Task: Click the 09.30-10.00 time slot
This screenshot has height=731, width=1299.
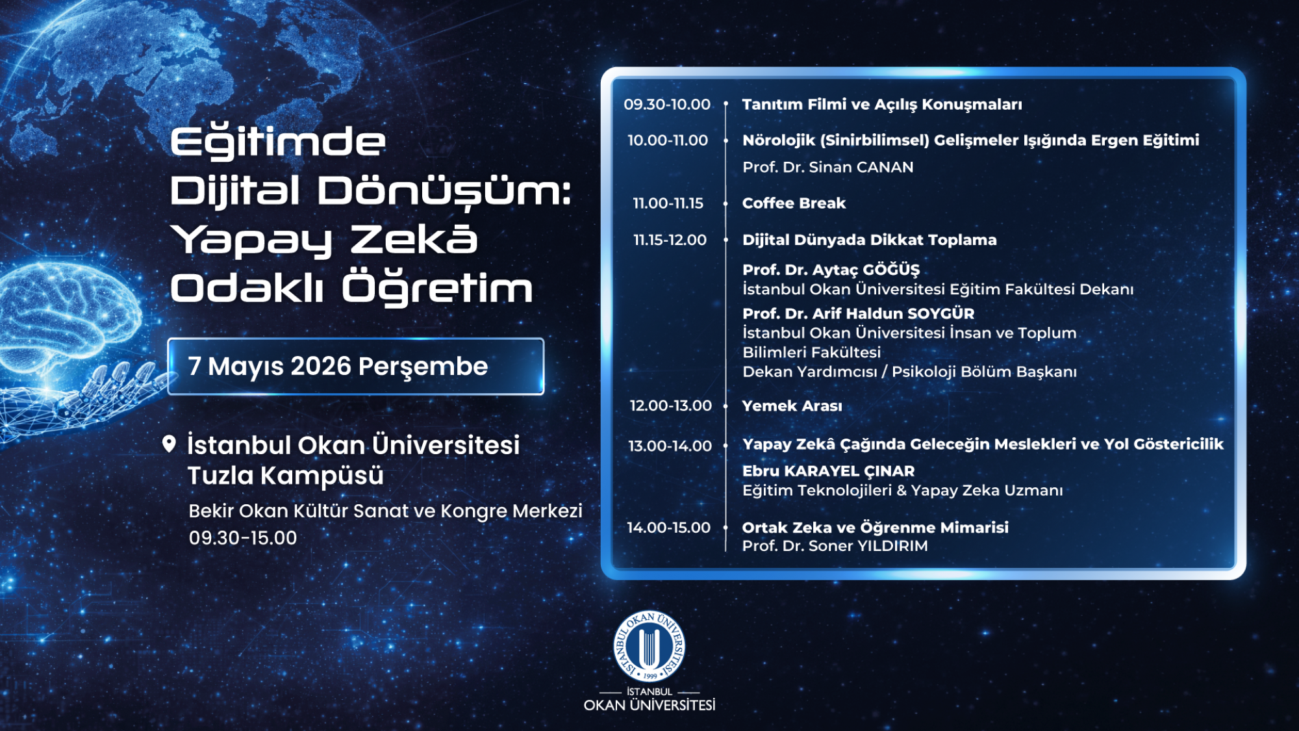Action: (667, 105)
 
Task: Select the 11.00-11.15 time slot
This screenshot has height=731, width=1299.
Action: (668, 203)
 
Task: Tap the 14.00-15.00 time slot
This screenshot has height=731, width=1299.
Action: (668, 528)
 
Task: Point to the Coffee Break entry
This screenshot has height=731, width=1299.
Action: (794, 203)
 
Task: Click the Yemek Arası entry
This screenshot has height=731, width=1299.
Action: (792, 406)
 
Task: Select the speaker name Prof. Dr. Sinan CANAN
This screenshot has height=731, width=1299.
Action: (828, 167)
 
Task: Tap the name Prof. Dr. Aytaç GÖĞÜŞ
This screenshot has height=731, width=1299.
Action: (831, 270)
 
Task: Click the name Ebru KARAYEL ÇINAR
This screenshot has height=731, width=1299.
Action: (829, 471)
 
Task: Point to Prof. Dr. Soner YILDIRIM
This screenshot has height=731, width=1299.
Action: (835, 546)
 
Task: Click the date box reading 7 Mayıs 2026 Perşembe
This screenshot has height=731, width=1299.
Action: (356, 366)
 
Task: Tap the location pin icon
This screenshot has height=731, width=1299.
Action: (169, 444)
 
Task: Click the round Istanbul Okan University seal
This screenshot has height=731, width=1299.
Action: (649, 647)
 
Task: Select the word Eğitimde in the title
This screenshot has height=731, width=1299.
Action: (278, 142)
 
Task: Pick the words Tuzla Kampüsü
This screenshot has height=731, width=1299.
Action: (286, 476)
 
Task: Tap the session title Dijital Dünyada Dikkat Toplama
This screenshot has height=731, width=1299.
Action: (870, 240)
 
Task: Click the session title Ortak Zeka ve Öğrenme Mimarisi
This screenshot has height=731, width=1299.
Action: (876, 528)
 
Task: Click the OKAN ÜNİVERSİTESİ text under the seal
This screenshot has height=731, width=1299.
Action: (649, 706)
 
